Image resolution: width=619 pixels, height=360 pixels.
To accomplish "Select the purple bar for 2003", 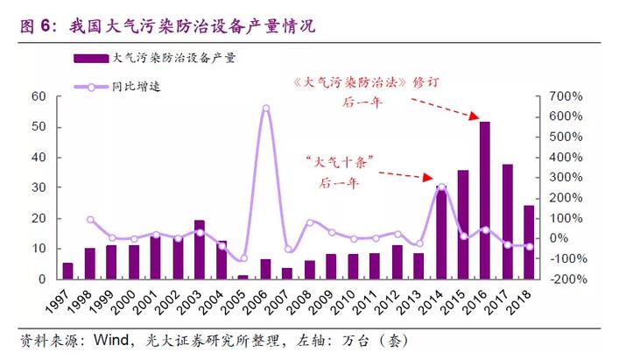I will coord(200,250).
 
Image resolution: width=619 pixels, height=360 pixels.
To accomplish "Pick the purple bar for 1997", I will coord(67,271).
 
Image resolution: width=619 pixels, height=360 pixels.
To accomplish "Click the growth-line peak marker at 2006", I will coord(265,109).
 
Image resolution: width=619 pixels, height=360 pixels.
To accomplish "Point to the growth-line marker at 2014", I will coord(441,187).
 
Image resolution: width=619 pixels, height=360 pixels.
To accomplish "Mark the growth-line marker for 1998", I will coord(90,220).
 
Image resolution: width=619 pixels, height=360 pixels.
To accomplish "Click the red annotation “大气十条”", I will coord(339,162).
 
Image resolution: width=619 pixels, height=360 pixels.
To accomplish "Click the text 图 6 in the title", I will coord(32,26).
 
